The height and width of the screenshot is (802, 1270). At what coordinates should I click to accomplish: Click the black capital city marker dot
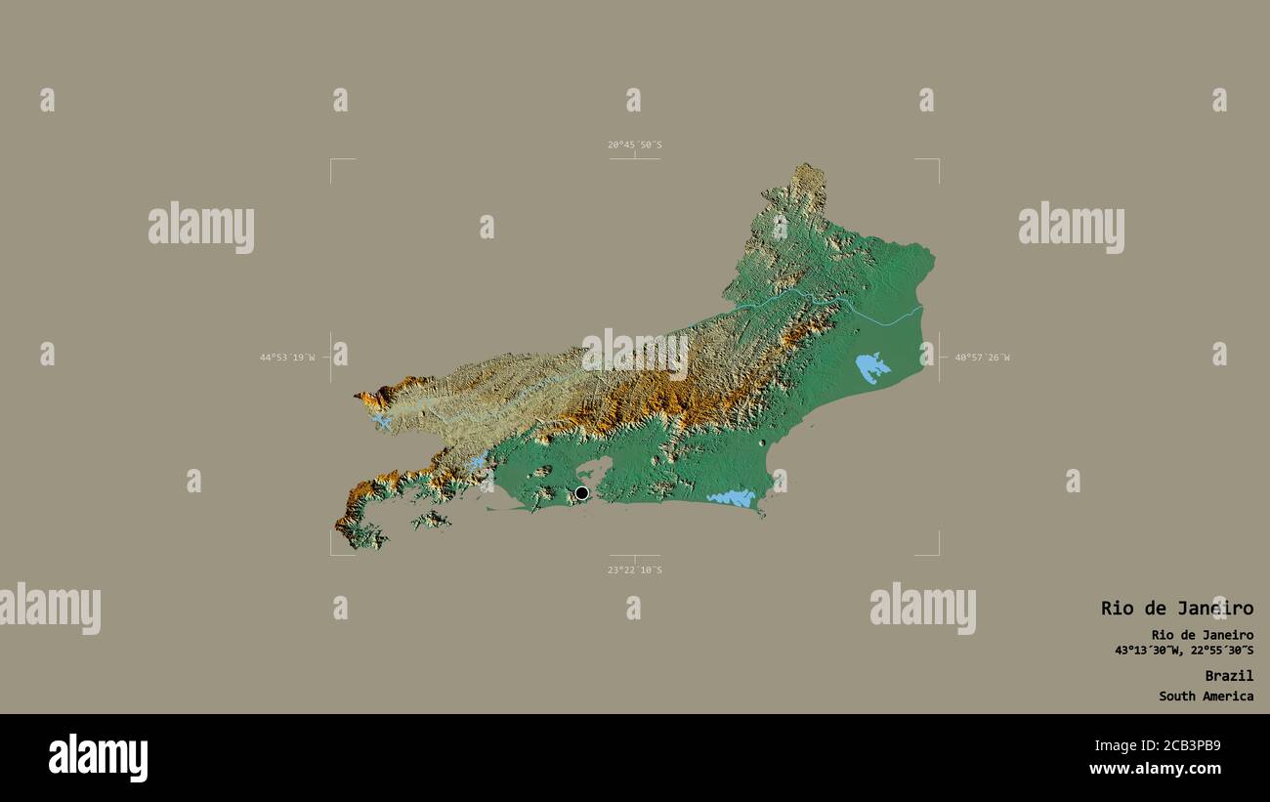click(582, 493)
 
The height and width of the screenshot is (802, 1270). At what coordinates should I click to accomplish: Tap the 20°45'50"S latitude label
click(634, 145)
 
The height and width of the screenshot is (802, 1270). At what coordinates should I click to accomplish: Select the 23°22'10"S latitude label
click(634, 570)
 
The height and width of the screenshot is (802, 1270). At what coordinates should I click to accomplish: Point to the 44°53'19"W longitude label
click(287, 358)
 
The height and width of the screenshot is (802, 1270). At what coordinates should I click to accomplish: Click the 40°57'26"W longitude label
click(982, 358)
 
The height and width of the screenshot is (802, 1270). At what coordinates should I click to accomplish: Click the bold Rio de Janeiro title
click(1176, 608)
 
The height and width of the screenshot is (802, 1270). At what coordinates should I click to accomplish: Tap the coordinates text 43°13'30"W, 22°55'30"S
click(1184, 651)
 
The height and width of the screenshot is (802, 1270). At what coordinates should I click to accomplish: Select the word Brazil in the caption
click(1228, 675)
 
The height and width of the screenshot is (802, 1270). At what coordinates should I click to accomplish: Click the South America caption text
click(1206, 696)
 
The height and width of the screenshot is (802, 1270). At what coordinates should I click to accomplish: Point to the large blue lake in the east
click(871, 367)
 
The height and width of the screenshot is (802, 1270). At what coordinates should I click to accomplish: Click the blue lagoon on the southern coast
click(732, 498)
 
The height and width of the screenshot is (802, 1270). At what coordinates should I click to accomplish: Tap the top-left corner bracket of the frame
click(332, 160)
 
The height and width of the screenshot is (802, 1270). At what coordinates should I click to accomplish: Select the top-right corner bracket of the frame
click(937, 160)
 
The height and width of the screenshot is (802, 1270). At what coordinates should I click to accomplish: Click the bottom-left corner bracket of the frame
click(332, 553)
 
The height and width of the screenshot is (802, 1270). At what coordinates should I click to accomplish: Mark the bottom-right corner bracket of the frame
click(937, 553)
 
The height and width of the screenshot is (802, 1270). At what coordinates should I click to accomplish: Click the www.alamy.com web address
click(1155, 769)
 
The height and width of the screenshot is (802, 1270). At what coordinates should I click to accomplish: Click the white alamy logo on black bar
click(98, 758)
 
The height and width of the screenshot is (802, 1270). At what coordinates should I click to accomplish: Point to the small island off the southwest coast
click(431, 520)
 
